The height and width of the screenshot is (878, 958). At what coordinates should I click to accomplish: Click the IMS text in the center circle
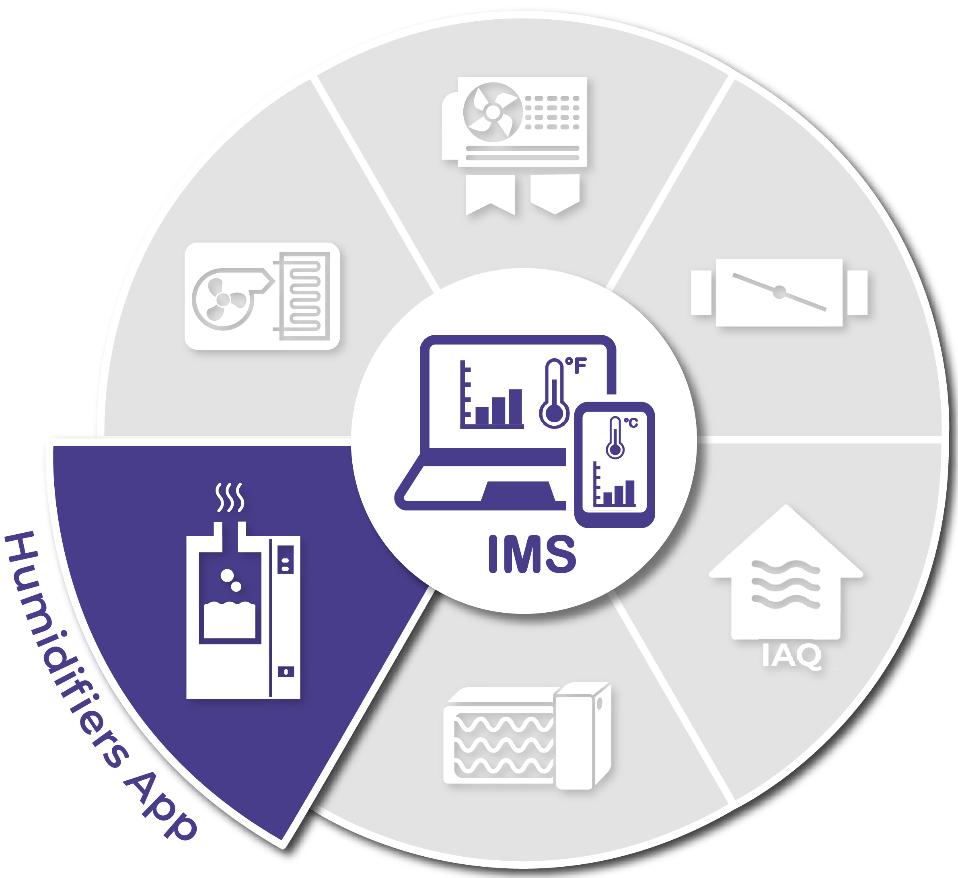pyautogui.click(x=532, y=554)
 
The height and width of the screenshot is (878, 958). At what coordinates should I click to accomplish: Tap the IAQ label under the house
pyautogui.click(x=791, y=656)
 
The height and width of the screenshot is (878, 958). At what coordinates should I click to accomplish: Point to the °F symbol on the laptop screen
pyautogui.click(x=576, y=366)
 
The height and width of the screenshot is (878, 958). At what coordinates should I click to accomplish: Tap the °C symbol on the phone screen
pyautogui.click(x=631, y=423)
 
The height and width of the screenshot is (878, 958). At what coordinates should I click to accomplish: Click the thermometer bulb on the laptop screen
pyautogui.click(x=554, y=413)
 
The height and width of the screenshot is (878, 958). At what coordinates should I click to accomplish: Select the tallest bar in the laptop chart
pyautogui.click(x=515, y=407)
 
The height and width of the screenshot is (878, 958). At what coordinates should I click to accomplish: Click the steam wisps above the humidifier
pyautogui.click(x=230, y=497)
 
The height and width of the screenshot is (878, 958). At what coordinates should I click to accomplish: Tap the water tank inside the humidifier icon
pyautogui.click(x=230, y=620)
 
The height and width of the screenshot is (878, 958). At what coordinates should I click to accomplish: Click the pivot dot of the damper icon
pyautogui.click(x=779, y=292)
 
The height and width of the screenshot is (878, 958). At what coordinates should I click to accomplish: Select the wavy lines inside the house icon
pyautogui.click(x=785, y=585)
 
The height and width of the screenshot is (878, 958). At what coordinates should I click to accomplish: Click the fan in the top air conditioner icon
pyautogui.click(x=493, y=113)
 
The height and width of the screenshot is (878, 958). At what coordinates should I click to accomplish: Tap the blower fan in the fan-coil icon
pyautogui.click(x=223, y=300)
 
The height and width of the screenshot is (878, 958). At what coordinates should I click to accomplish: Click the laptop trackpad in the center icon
pyautogui.click(x=518, y=491)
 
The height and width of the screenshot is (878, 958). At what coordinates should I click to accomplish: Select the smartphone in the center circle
pyautogui.click(x=615, y=465)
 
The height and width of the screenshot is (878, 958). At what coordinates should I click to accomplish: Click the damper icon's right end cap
pyautogui.click(x=857, y=293)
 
